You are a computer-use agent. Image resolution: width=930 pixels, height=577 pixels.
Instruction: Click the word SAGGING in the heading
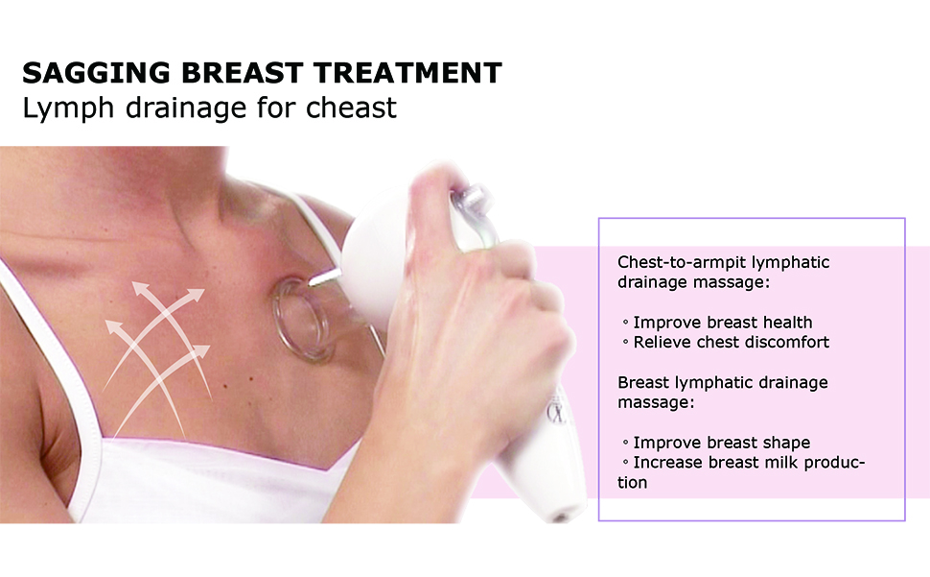coord(97,73)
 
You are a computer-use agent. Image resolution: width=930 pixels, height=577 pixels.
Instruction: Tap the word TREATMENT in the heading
coord(408,73)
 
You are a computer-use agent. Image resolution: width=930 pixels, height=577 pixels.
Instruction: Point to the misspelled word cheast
coord(351,108)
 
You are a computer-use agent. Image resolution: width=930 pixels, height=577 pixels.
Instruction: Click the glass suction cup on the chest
coord(301,320)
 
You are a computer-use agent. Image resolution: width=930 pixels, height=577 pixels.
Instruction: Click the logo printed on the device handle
coord(556,411)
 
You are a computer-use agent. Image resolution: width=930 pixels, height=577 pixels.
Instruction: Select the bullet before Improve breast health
coord(625,323)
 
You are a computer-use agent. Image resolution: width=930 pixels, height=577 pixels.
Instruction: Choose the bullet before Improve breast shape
coord(625,443)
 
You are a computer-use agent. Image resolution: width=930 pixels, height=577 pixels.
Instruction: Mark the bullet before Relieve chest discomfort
coord(625,342)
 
